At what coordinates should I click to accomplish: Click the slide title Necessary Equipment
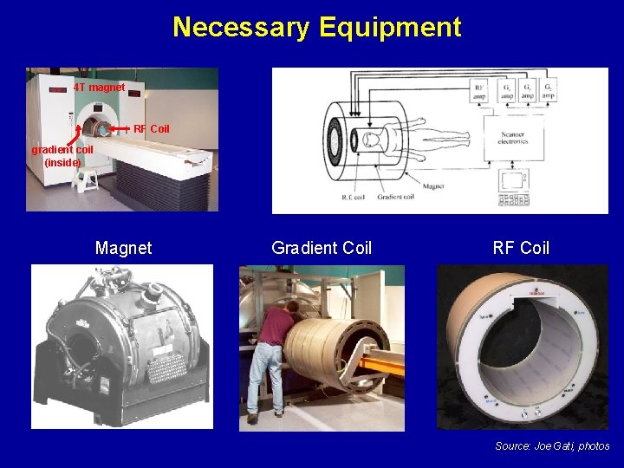point(316,27)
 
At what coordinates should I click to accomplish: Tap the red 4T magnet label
point(99,88)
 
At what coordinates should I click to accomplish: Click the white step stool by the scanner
point(87,180)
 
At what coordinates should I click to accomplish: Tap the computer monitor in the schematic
point(511,181)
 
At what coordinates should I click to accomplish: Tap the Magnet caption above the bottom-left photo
point(123,249)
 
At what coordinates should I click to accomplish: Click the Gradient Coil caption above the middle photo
point(322,249)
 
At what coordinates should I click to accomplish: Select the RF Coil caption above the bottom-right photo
point(521,249)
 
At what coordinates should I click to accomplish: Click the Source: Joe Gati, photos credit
point(552,446)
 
